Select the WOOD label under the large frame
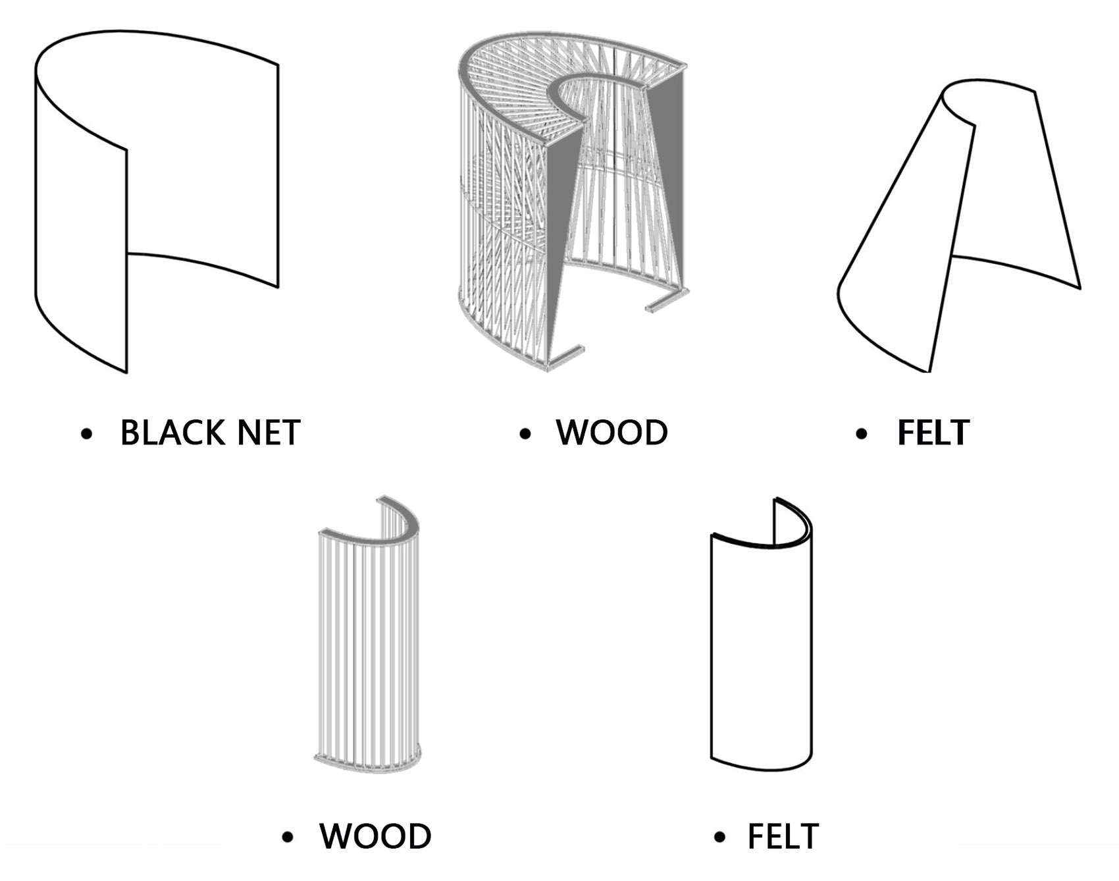tap(612, 433)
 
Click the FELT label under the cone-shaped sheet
tap(933, 433)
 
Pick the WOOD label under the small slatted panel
tap(375, 836)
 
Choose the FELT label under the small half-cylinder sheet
tap(783, 836)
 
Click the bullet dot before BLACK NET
tap(86, 434)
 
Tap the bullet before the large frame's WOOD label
tap(525, 434)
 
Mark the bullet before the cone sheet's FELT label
tap(862, 434)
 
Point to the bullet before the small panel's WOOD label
tap(287, 838)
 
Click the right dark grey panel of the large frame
tap(666, 184)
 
